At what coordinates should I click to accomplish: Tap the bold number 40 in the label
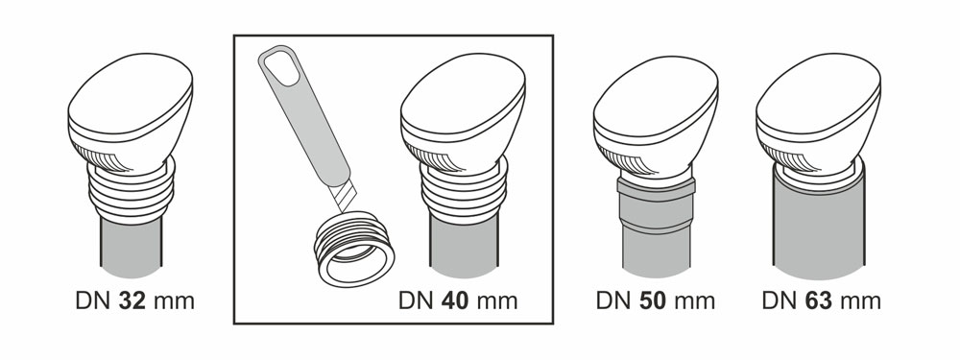point(454,300)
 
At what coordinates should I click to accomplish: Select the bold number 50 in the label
point(652,300)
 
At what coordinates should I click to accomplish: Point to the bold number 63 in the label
point(818,300)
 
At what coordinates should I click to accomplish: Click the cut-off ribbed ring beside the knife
point(354,250)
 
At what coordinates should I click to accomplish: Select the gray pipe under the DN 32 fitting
point(132,246)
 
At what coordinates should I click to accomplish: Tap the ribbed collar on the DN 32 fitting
point(132,190)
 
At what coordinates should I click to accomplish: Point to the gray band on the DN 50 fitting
point(657,188)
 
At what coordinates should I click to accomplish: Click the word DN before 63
point(780,300)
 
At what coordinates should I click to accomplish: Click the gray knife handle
point(304,114)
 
